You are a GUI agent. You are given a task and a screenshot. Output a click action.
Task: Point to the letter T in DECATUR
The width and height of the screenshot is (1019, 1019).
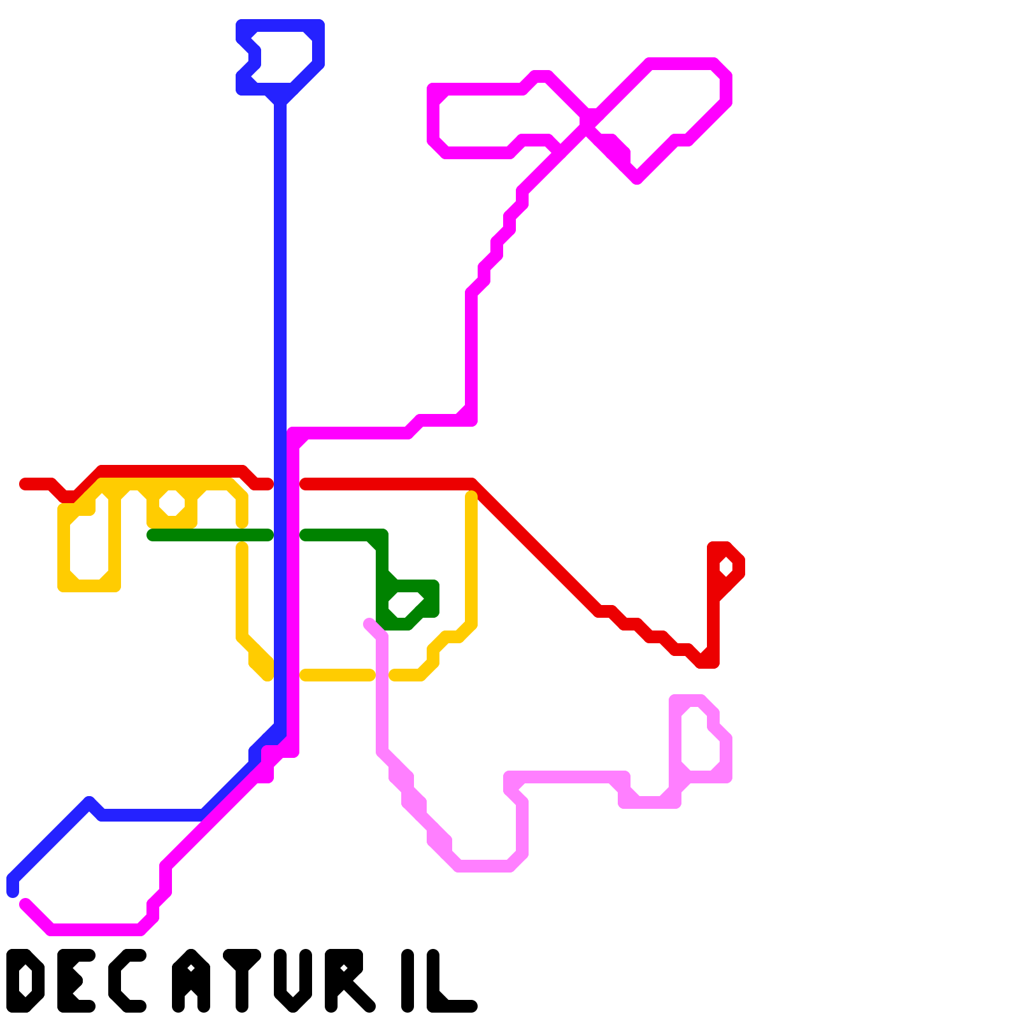[x=242, y=981]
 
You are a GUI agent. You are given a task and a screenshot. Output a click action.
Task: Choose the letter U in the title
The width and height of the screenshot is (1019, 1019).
[x=293, y=981]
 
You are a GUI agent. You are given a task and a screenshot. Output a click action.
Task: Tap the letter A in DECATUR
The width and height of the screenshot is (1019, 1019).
[x=191, y=981]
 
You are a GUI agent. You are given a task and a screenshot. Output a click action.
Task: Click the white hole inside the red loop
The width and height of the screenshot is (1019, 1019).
[x=726, y=566]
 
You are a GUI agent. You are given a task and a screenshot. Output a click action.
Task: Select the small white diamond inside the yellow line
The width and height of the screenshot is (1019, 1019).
[x=172, y=503]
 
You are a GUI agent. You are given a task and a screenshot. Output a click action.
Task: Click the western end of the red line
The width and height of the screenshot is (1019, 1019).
[x=24, y=484]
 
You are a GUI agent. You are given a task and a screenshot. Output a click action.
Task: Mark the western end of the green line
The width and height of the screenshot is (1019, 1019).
[x=152, y=535]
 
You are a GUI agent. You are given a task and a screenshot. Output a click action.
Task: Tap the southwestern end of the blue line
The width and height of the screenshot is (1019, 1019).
[x=13, y=890]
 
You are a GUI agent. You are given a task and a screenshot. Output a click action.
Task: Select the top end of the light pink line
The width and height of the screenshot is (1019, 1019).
[x=369, y=623]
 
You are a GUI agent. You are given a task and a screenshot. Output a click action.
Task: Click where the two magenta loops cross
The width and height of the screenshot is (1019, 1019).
[x=587, y=124]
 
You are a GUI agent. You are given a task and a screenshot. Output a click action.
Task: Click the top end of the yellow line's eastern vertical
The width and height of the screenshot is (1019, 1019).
[x=471, y=497]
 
